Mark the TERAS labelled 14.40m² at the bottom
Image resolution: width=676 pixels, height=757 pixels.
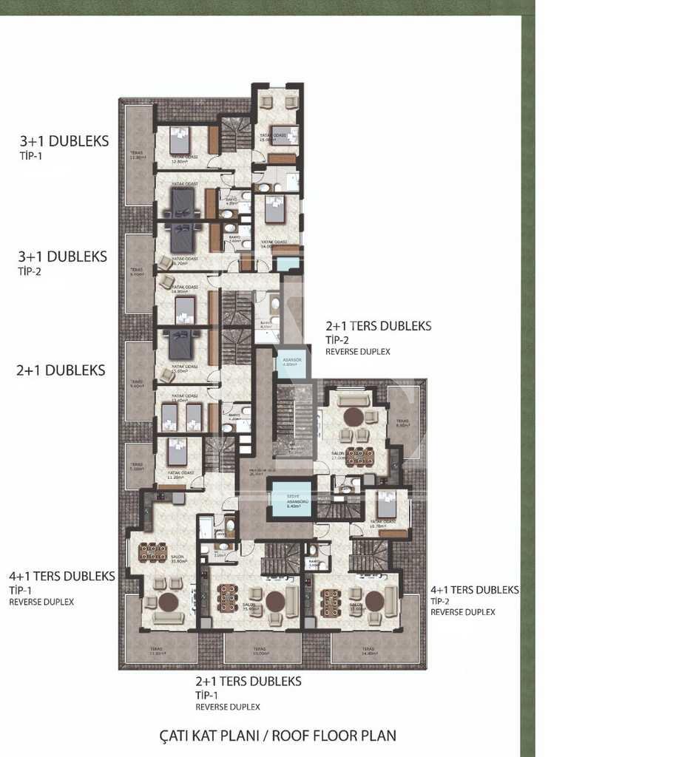(x=368, y=650)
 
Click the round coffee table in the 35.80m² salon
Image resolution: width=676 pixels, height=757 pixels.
(x=169, y=600)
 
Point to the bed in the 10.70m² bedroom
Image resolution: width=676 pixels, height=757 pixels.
(x=386, y=506)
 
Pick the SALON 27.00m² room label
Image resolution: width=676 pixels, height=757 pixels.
(x=339, y=457)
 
